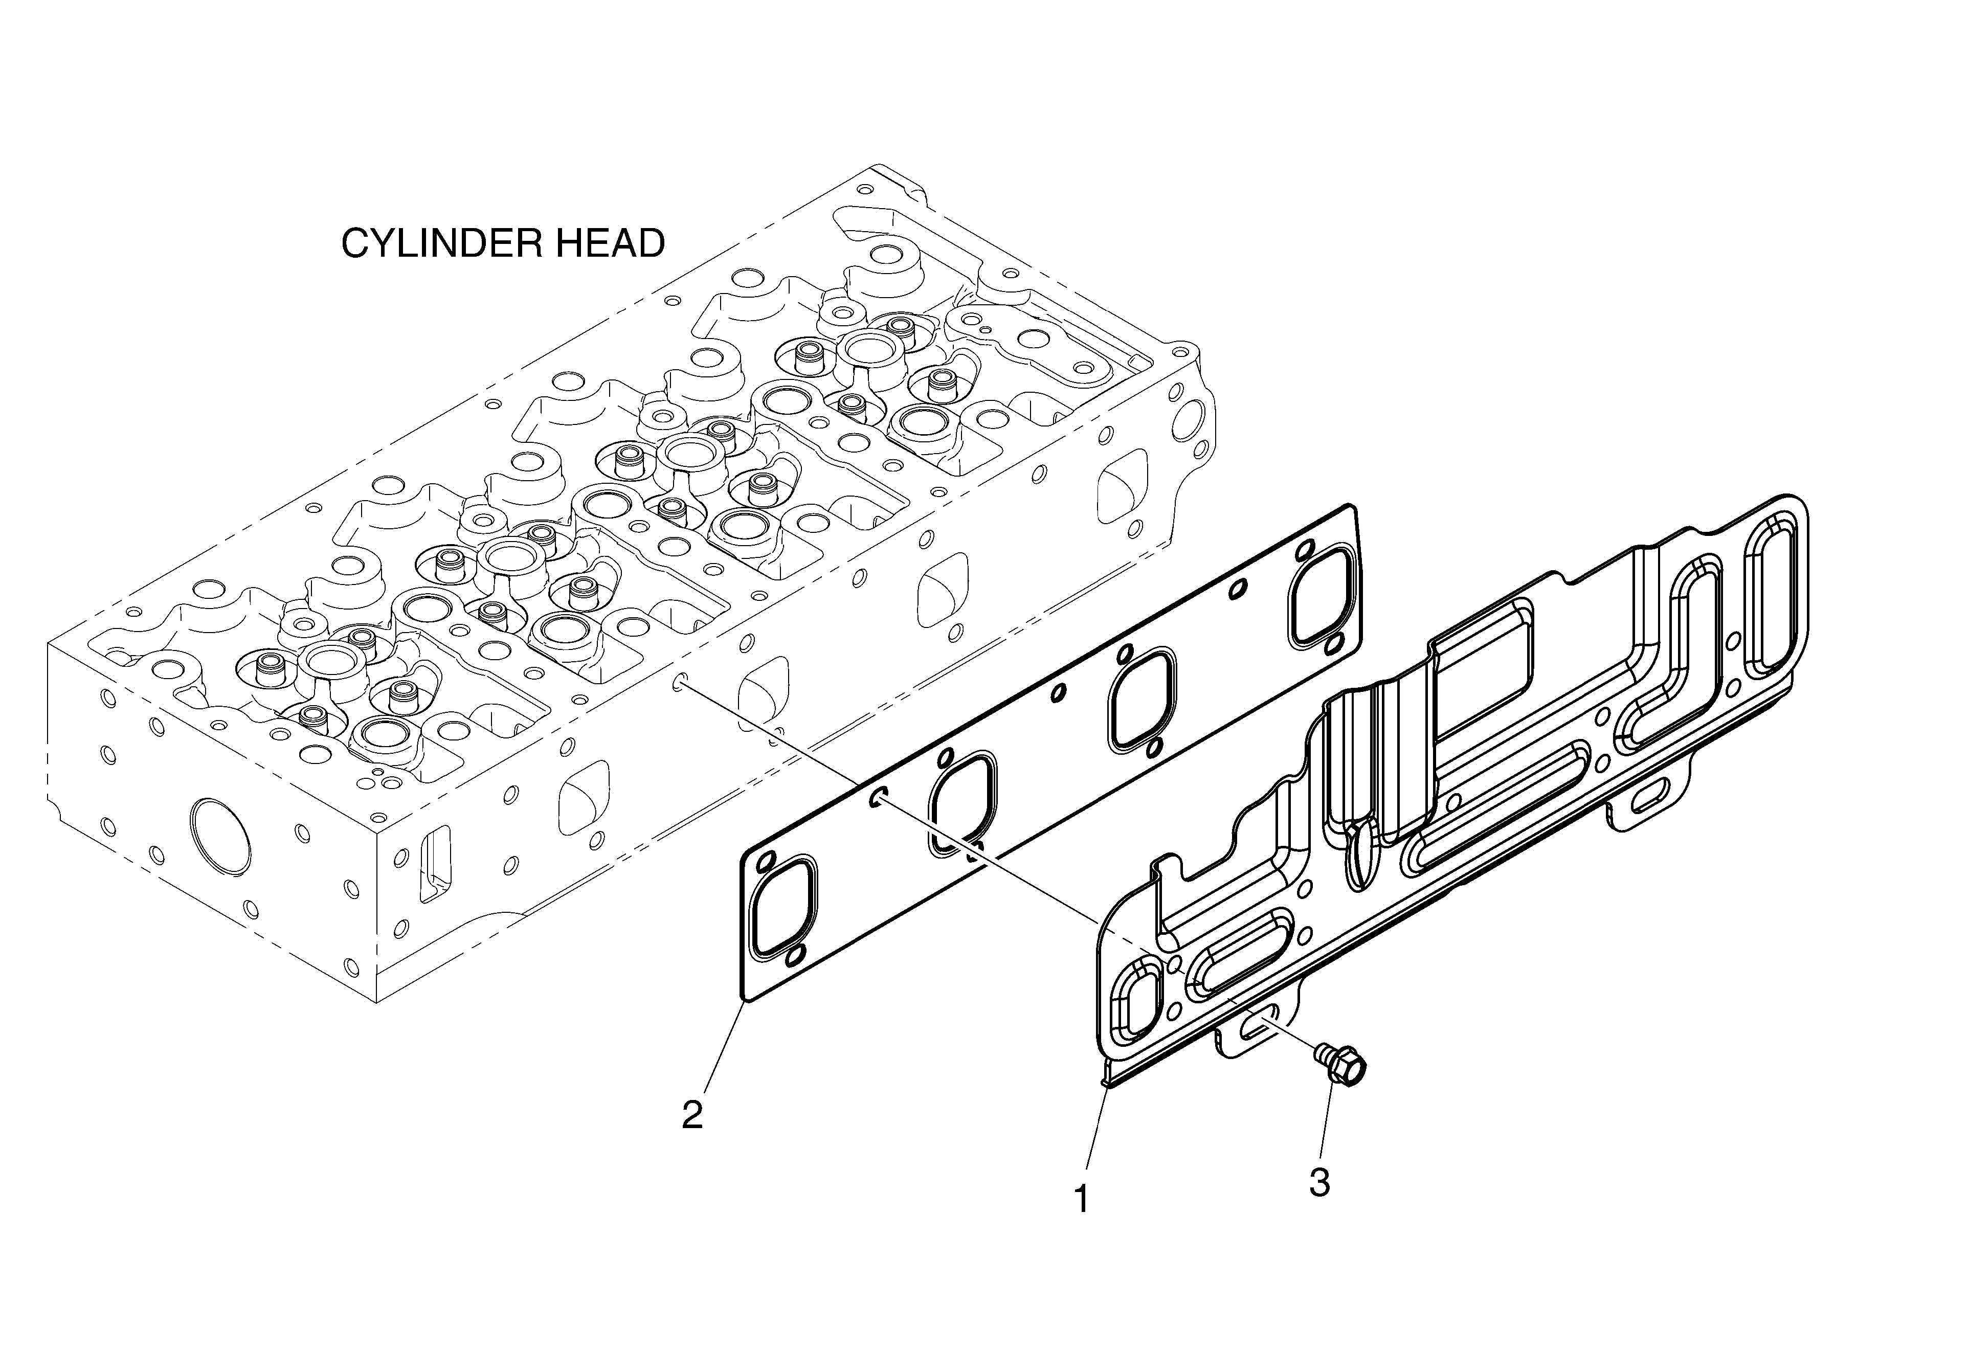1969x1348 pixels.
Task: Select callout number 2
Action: [x=692, y=1114]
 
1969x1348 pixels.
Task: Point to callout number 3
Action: [x=1319, y=1182]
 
